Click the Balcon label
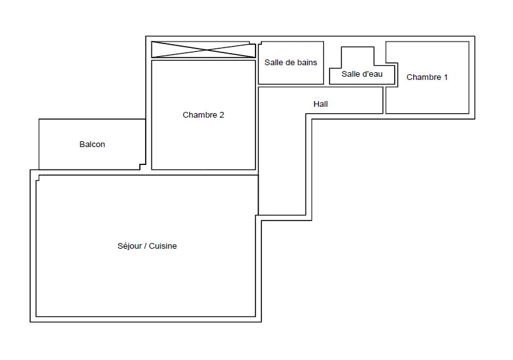click(92, 144)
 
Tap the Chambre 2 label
click(203, 115)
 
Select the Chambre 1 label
click(427, 77)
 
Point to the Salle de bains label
click(291, 62)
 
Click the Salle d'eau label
click(362, 74)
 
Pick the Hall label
click(321, 104)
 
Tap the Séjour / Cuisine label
click(147, 246)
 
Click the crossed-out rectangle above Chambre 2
click(204, 49)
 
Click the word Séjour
click(130, 246)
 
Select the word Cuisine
click(163, 246)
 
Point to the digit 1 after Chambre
click(445, 77)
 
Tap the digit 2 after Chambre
click(222, 115)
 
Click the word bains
click(307, 62)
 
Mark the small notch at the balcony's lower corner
click(142, 167)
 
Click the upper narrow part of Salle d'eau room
click(358, 58)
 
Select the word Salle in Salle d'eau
click(349, 74)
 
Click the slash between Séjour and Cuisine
click(145, 246)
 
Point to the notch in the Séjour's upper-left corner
click(38, 178)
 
